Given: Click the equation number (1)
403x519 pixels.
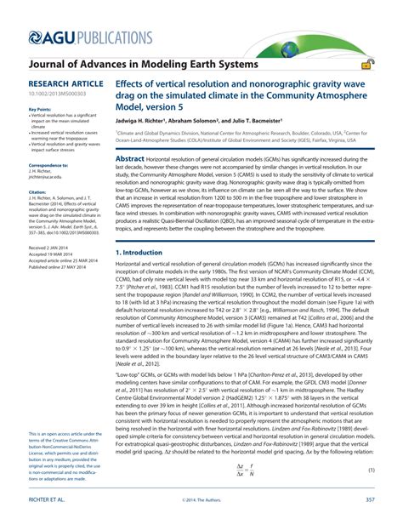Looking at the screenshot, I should (x=371, y=471).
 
